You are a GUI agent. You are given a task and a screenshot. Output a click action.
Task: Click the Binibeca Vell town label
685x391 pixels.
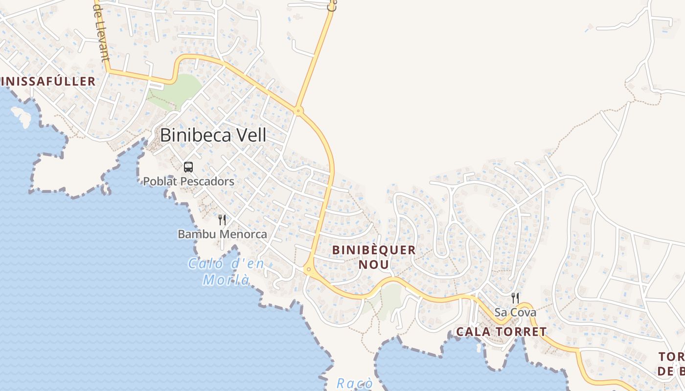pyautogui.click(x=213, y=135)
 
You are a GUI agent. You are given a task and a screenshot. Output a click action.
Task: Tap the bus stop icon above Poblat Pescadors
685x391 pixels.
pyautogui.click(x=188, y=167)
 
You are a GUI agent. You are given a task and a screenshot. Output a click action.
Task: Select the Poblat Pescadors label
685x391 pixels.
pyautogui.click(x=188, y=181)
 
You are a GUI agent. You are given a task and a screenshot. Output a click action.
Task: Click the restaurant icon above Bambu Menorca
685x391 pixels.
pyautogui.click(x=222, y=220)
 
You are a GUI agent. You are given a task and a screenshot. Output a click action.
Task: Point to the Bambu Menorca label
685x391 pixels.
pyautogui.click(x=222, y=234)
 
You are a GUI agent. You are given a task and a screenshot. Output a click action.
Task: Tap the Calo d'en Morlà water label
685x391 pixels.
pyautogui.click(x=226, y=272)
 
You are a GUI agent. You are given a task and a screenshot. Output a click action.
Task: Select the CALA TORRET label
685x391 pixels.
pyautogui.click(x=501, y=332)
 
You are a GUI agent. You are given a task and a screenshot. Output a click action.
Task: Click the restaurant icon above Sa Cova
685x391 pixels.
pyautogui.click(x=515, y=298)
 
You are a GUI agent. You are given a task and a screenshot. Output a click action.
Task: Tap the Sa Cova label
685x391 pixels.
pyautogui.click(x=515, y=312)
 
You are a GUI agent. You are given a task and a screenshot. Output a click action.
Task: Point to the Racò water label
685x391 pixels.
pyautogui.click(x=355, y=384)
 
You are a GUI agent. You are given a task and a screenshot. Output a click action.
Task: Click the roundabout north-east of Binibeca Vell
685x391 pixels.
pyautogui.click(x=298, y=110)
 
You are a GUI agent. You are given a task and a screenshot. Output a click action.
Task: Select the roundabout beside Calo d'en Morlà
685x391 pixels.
pyautogui.click(x=308, y=269)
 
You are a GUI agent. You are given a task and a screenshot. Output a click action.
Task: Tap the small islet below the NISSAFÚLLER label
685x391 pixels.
pyautogui.click(x=22, y=116)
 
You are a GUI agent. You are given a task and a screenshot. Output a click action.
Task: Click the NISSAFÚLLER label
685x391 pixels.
pyautogui.click(x=47, y=81)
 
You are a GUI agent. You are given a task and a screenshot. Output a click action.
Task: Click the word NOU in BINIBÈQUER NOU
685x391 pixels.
pyautogui.click(x=374, y=265)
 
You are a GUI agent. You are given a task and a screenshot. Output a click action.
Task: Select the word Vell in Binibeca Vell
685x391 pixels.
pyautogui.click(x=251, y=135)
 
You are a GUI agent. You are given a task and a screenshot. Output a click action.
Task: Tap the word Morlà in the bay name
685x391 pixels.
pyautogui.click(x=226, y=280)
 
